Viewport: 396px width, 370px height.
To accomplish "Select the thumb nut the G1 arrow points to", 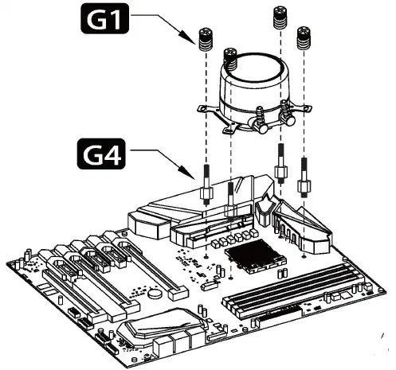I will click(x=206, y=39).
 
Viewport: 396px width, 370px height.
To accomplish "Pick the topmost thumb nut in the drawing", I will click(x=280, y=17).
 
